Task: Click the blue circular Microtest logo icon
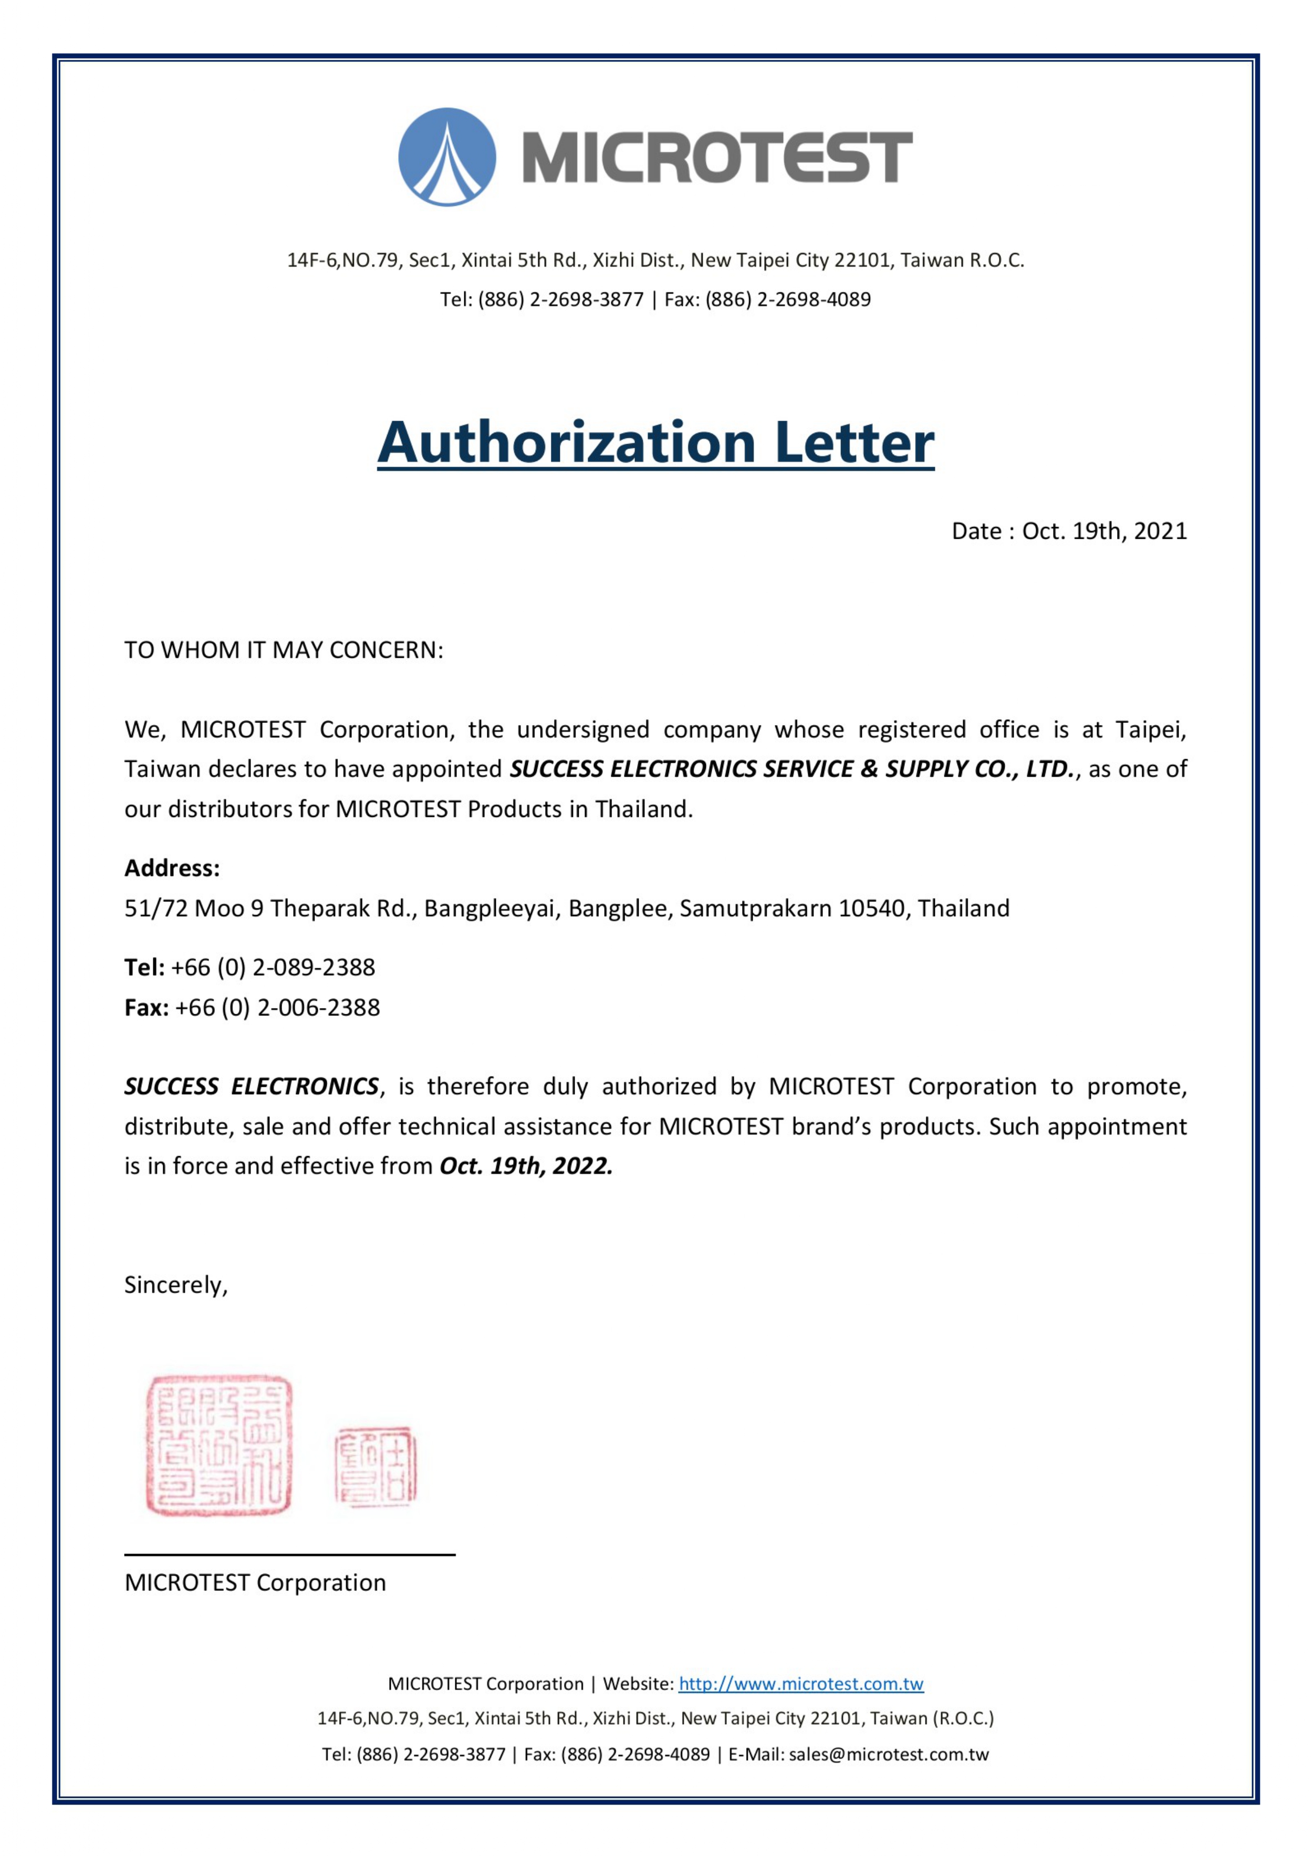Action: point(447,157)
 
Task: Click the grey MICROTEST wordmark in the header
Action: point(718,157)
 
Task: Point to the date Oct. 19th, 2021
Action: point(1104,531)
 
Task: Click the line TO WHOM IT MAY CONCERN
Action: point(284,650)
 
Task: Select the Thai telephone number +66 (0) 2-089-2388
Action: point(273,968)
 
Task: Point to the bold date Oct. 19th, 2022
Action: point(526,1166)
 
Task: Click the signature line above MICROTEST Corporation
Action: point(289,1554)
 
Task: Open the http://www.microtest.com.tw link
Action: point(800,1684)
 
